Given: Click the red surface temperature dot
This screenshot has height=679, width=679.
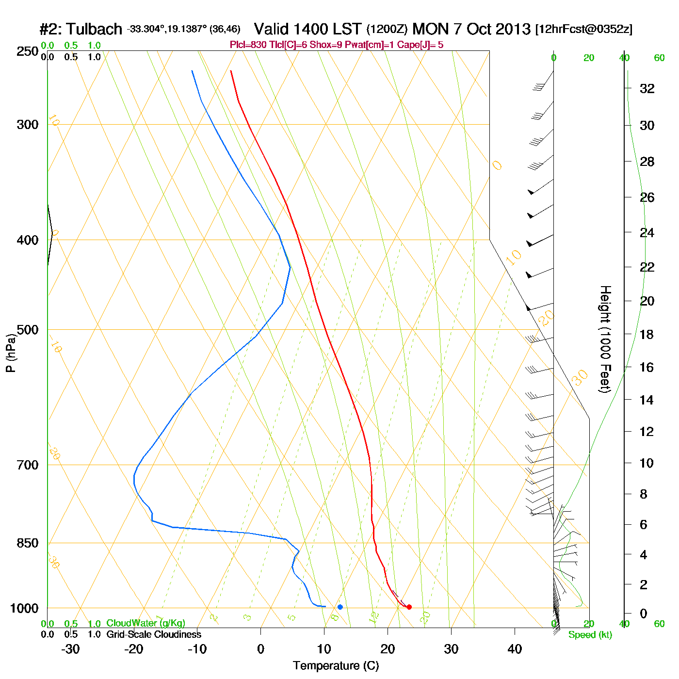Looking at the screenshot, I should pos(409,607).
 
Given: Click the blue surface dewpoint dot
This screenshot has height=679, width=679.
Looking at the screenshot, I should pos(340,607).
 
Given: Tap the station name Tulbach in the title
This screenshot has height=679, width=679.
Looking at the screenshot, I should pos(94,29).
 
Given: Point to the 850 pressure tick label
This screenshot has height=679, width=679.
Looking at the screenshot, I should pos(28,543).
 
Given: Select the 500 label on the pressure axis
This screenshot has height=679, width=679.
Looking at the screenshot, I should pos(28,330).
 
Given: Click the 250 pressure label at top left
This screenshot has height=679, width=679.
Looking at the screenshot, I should pos(28,51).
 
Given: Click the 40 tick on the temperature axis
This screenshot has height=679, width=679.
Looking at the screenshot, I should pos(515,649).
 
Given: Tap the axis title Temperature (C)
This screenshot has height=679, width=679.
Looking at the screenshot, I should pos(336,666).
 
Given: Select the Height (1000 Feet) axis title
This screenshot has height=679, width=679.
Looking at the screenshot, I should pos(605,339).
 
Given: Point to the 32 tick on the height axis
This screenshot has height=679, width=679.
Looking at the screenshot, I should pos(647,89).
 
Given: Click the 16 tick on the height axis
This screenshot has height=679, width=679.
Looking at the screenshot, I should pos(647,367).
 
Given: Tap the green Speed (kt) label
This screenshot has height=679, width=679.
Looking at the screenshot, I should pos(590,635).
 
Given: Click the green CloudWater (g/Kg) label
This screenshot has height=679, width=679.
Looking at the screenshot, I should pos(145,623).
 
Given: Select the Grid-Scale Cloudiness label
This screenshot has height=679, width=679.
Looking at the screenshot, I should pos(154,634).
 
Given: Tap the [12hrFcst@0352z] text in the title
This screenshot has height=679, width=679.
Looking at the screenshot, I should pos(583,29).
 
